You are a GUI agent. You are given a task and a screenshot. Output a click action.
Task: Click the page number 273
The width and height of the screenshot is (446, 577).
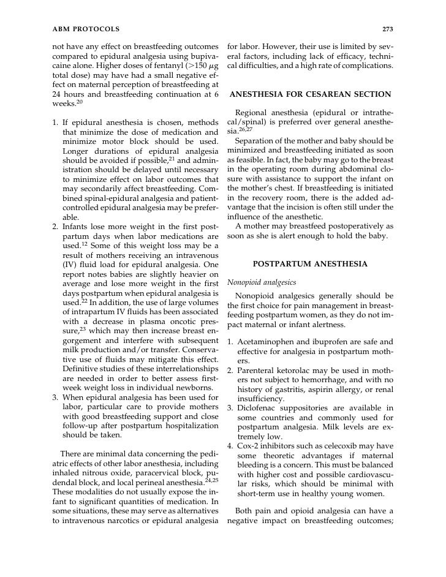(387, 28)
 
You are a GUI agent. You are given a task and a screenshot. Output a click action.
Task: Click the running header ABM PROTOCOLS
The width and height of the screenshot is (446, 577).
(85, 28)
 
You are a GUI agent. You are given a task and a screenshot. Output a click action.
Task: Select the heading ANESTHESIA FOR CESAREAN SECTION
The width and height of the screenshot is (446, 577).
(310, 94)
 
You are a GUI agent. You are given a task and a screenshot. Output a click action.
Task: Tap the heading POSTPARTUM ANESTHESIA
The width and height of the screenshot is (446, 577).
(310, 264)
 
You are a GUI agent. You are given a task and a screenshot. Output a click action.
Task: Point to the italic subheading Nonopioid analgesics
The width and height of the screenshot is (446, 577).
(261, 283)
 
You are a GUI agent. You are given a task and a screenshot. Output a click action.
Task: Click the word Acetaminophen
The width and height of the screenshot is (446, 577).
(271, 341)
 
